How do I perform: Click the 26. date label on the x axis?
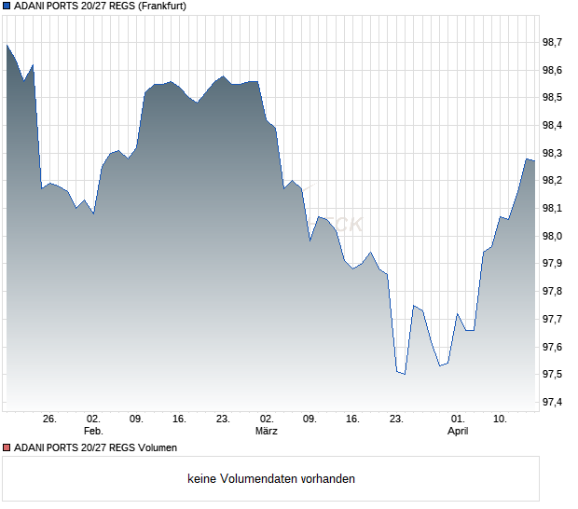pyautogui.click(x=49, y=420)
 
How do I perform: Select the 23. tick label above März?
pyautogui.click(x=223, y=420)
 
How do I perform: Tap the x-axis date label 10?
pyautogui.click(x=501, y=420)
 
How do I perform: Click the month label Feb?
pyautogui.click(x=93, y=432)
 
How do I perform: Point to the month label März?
pyautogui.click(x=267, y=432)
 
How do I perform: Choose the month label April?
pyautogui.click(x=458, y=432)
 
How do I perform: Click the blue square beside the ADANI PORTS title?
pyautogui.click(x=7, y=7)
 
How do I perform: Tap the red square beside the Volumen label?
pyautogui.click(x=7, y=447)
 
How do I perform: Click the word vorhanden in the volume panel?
pyautogui.click(x=327, y=479)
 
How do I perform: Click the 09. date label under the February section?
pyautogui.click(x=136, y=420)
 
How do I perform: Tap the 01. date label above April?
pyautogui.click(x=458, y=420)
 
